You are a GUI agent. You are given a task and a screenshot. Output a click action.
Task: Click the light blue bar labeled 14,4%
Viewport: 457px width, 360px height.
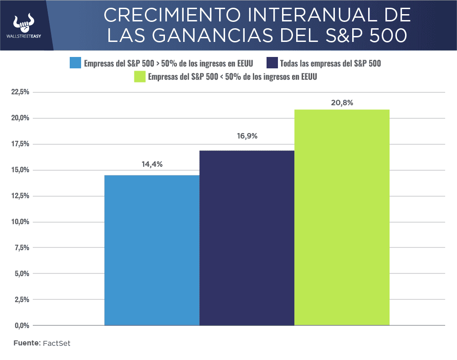pyautogui.click(x=152, y=250)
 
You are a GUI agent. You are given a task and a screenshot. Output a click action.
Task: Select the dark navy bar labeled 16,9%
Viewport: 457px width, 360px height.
pyautogui.click(x=246, y=238)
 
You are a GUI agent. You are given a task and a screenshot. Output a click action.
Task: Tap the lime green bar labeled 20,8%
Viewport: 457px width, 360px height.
pyautogui.click(x=342, y=217)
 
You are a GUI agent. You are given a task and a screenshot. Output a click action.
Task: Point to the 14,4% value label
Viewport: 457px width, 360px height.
pyautogui.click(x=152, y=165)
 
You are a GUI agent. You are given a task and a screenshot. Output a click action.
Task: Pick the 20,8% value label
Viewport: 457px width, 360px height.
pyautogui.click(x=342, y=103)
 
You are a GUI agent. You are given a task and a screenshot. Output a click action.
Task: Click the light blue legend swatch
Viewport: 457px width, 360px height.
pyautogui.click(x=75, y=63)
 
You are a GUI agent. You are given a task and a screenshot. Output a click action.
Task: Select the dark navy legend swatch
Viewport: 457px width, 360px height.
pyautogui.click(x=272, y=63)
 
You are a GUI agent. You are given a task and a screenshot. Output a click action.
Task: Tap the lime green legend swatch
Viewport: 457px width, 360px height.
pyautogui.click(x=139, y=77)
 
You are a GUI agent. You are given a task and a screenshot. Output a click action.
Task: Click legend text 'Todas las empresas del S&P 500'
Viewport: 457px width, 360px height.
pyautogui.click(x=330, y=63)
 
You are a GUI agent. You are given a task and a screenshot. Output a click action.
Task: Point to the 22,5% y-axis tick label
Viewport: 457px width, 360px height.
pyautogui.click(x=20, y=92)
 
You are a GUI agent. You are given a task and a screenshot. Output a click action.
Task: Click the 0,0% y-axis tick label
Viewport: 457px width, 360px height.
pyautogui.click(x=21, y=325)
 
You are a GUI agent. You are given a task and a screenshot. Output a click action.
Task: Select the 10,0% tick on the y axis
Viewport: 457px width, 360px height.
pyautogui.click(x=20, y=222)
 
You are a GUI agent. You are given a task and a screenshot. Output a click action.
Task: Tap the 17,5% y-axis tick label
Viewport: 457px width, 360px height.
pyautogui.click(x=20, y=144)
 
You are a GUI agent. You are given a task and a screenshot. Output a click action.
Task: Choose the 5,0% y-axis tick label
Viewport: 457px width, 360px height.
pyautogui.click(x=21, y=274)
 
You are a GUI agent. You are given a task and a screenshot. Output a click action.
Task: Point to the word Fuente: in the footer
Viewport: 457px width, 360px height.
pyautogui.click(x=27, y=343)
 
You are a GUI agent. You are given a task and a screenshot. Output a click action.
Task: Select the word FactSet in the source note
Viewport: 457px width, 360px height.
pyautogui.click(x=56, y=343)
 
